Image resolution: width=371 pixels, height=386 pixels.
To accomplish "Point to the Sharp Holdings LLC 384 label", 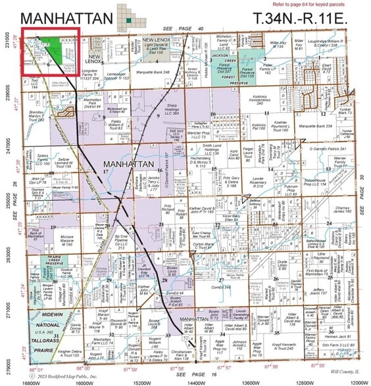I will point(172,110).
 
